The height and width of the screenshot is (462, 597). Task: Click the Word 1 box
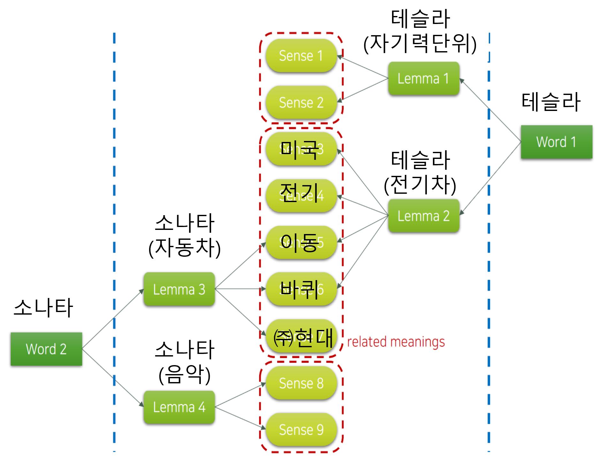tap(556, 142)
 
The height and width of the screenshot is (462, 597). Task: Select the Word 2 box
tap(46, 349)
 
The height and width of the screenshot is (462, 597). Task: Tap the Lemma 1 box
tap(424, 78)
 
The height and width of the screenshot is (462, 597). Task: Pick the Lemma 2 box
tap(424, 216)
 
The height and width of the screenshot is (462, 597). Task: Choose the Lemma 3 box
tap(179, 289)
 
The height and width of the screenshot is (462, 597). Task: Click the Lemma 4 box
tap(179, 407)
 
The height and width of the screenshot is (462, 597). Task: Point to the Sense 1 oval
tap(301, 56)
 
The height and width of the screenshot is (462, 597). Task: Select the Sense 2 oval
tap(301, 102)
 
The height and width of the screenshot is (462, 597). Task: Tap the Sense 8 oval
tap(301, 383)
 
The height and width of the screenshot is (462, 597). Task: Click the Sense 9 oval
tap(301, 429)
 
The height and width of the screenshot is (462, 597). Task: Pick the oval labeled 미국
tap(301, 149)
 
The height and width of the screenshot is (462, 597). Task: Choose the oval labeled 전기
tap(301, 195)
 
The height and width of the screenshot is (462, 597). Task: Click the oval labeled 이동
tap(301, 242)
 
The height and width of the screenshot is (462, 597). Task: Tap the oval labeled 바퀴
tap(301, 289)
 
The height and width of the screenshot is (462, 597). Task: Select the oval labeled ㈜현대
tap(301, 336)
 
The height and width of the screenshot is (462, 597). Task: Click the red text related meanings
tap(396, 342)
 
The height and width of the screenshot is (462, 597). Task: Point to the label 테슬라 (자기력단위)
tap(420, 31)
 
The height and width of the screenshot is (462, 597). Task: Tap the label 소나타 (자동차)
tap(185, 235)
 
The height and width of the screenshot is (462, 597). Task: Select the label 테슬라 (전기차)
tap(420, 172)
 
